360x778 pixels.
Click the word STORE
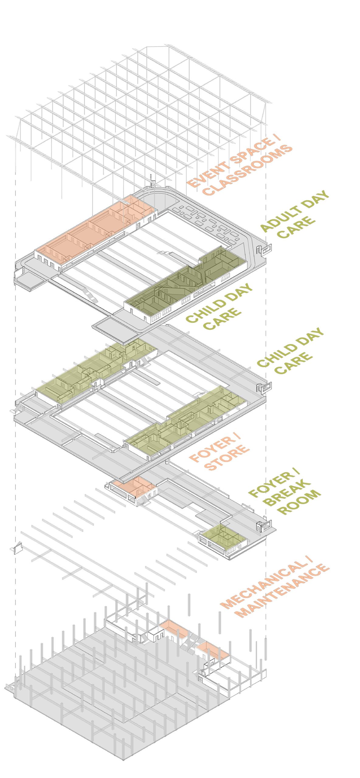[x=227, y=458]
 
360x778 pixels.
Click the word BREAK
[x=287, y=493]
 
